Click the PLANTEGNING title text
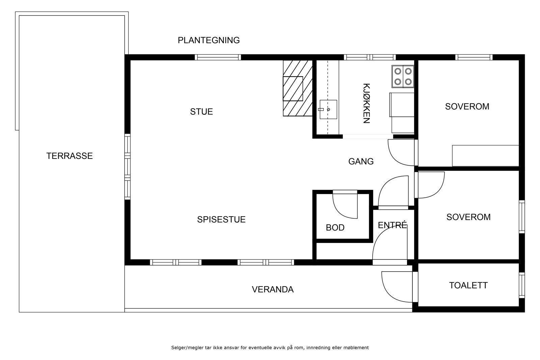pyautogui.click(x=209, y=40)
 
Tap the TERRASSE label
pyautogui.click(x=70, y=156)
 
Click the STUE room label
pyautogui.click(x=201, y=112)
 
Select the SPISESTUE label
pyautogui.click(x=221, y=220)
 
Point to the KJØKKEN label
pyautogui.click(x=367, y=103)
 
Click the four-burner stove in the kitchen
pyautogui.click(x=403, y=76)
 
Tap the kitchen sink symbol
pyautogui.click(x=328, y=109)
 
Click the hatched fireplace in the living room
pyautogui.click(x=297, y=89)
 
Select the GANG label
pyautogui.click(x=361, y=162)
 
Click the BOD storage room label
pyautogui.click(x=335, y=228)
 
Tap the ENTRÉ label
pyautogui.click(x=393, y=225)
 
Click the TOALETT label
pyautogui.click(x=468, y=285)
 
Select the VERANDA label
pyautogui.click(x=273, y=289)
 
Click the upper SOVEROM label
pyautogui.click(x=467, y=107)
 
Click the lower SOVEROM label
pyautogui.click(x=468, y=217)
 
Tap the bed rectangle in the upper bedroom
pyautogui.click(x=485, y=156)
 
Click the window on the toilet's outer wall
pyautogui.click(x=522, y=285)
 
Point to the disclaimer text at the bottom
pyautogui.click(x=270, y=348)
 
